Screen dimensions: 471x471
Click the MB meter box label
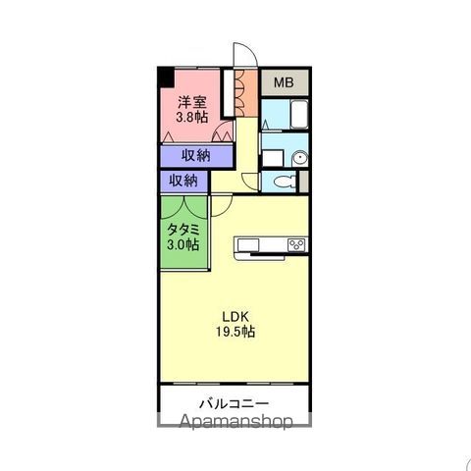click(284, 82)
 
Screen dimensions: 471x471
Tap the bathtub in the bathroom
click(299, 115)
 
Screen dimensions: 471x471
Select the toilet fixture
click(285, 182)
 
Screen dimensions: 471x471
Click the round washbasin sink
click(300, 158)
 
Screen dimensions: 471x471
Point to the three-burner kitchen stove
click(296, 245)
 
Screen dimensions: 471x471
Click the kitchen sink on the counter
click(248, 245)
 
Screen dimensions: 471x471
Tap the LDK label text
click(235, 317)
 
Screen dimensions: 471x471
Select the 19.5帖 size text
click(235, 332)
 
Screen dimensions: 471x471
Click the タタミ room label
click(183, 230)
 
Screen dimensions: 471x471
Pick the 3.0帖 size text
click(183, 244)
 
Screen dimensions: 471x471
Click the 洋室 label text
click(192, 102)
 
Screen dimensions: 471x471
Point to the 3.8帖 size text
click(192, 117)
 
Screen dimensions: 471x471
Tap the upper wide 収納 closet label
click(196, 155)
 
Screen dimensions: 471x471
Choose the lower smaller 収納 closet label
click(183, 181)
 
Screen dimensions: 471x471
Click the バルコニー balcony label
click(235, 403)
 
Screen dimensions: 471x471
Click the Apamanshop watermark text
click(236, 421)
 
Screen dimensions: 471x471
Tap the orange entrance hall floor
click(246, 92)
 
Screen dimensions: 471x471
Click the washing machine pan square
click(273, 158)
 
